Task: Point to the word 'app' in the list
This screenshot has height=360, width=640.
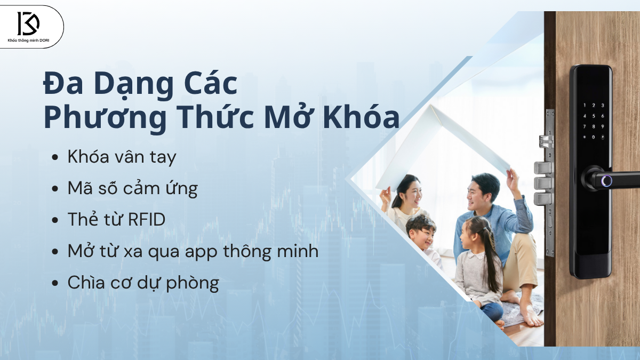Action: tap(226, 251)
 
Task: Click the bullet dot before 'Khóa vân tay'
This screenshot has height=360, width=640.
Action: tap(55, 158)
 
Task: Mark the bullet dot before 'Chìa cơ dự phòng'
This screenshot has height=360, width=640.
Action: tap(55, 283)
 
